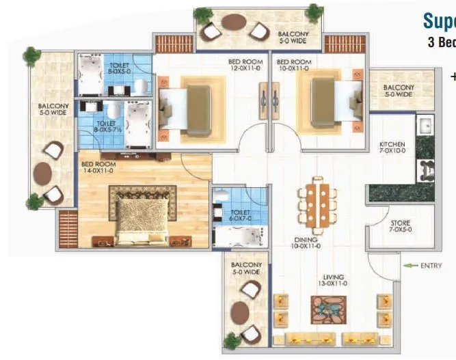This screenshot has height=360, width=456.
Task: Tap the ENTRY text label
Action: [x=432, y=265]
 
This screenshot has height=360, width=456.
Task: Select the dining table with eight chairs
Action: [x=316, y=205]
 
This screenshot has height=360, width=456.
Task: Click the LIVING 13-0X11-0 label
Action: [x=335, y=281]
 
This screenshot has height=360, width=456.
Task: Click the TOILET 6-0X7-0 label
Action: [x=239, y=218]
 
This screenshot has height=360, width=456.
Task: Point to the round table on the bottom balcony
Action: [x=240, y=314]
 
